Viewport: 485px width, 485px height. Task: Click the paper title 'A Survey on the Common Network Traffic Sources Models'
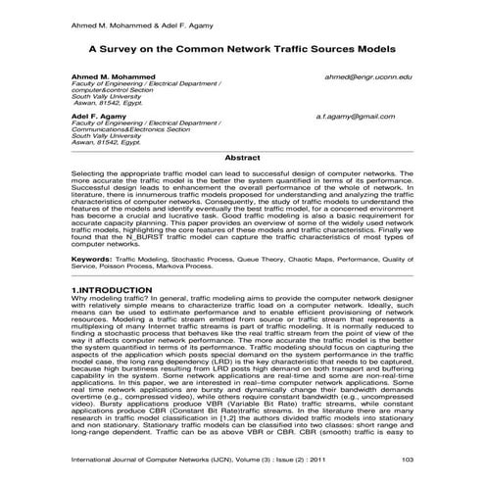point(242,46)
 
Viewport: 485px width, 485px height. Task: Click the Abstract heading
point(242,157)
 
